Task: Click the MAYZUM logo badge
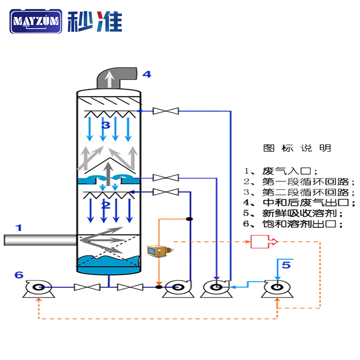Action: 36,21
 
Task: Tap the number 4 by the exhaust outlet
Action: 147,74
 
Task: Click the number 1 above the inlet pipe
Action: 18,228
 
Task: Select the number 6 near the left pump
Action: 18,274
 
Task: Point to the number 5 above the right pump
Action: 286,265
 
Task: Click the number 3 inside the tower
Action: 105,125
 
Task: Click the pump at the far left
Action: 38,288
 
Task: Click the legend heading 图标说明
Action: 297,148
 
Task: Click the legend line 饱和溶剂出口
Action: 295,224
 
